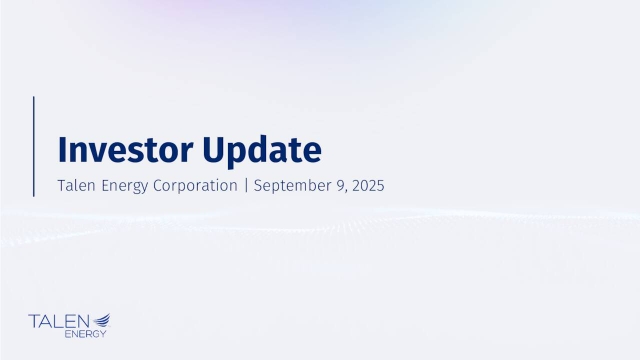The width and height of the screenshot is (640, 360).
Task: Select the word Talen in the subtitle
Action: pyautogui.click(x=79, y=186)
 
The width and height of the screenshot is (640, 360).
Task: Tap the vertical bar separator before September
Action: pyautogui.click(x=246, y=187)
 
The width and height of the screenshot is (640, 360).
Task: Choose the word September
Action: pyautogui.click(x=292, y=187)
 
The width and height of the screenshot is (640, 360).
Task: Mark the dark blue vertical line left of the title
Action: pyautogui.click(x=34, y=147)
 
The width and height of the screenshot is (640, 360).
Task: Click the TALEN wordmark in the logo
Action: pyautogui.click(x=59, y=321)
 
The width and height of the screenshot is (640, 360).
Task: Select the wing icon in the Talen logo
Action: pyautogui.click(x=101, y=320)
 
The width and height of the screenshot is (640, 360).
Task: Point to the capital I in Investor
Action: pyautogui.click(x=62, y=150)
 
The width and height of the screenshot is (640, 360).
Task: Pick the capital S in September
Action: pyautogui.click(x=258, y=186)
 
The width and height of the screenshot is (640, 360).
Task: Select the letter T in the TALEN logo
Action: pyautogui.click(x=35, y=321)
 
